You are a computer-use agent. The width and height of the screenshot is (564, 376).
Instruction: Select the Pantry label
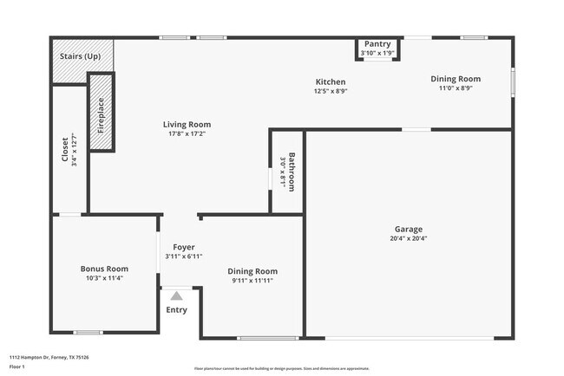pyautogui.click(x=377, y=44)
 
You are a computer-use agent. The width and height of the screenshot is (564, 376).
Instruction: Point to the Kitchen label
pyautogui.click(x=331, y=81)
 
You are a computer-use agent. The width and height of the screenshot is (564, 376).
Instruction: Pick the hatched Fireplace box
pyautogui.click(x=101, y=113)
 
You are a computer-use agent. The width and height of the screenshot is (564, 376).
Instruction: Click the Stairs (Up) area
pyautogui.click(x=80, y=56)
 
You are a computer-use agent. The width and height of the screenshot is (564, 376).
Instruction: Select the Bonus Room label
pyautogui.click(x=104, y=269)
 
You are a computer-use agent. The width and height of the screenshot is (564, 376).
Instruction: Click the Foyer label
pyautogui.click(x=183, y=247)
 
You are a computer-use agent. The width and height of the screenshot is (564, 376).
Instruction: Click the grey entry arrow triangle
pyautogui.click(x=176, y=295)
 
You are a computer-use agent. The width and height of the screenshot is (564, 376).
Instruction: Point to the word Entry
pyautogui.click(x=176, y=310)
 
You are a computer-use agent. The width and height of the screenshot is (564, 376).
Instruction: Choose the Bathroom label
pyautogui.click(x=292, y=172)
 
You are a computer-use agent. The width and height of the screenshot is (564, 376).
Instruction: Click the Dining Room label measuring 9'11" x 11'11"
pyautogui.click(x=252, y=271)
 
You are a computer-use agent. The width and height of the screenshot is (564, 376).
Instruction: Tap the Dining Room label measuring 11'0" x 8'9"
pyautogui.click(x=456, y=79)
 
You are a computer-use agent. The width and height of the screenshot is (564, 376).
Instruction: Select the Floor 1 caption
pyautogui.click(x=18, y=366)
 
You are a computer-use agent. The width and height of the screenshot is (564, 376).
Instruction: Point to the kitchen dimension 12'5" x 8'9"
pyautogui.click(x=331, y=90)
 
